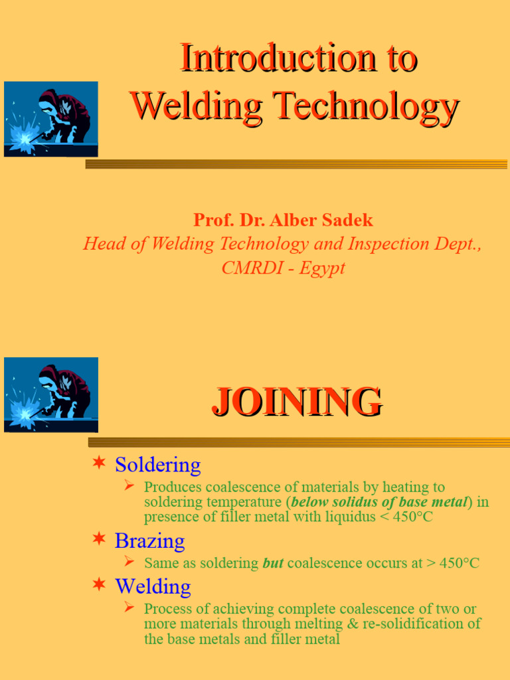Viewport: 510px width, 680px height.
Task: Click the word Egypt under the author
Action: coord(323,268)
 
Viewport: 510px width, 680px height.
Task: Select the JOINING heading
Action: coord(297,402)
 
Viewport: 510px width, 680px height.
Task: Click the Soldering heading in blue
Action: coord(157,464)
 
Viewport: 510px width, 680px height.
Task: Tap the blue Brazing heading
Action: coord(149,541)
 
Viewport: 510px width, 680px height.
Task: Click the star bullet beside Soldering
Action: coord(98,463)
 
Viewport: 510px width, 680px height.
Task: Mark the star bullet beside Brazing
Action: coord(98,539)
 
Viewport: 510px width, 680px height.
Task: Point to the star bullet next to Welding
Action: coord(98,584)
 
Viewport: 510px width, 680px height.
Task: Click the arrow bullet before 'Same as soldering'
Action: coord(129,562)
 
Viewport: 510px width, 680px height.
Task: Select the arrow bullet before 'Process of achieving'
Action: coord(129,607)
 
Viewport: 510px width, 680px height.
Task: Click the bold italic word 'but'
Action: coord(273,563)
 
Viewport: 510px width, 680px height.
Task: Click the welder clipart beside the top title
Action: coord(51,119)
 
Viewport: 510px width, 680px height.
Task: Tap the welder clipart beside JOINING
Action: coord(51,394)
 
